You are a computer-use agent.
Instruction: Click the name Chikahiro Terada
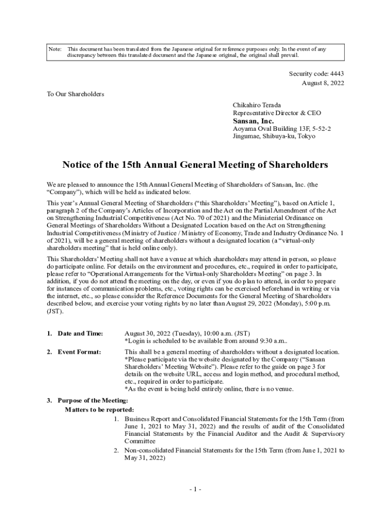click(256, 105)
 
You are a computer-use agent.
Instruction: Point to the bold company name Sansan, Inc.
click(253, 121)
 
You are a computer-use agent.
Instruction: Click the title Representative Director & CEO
click(277, 113)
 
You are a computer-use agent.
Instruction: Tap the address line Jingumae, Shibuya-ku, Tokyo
click(274, 136)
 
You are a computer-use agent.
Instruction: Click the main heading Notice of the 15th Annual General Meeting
click(195, 165)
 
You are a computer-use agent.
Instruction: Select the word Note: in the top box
click(54, 49)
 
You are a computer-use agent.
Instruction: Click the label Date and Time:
click(80, 333)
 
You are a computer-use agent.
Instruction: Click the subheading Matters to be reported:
click(100, 409)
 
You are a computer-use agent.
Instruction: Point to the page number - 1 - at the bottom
click(195, 489)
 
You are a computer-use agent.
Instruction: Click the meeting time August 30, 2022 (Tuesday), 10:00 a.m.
click(187, 333)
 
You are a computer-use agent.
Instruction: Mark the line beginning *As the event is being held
click(209, 389)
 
